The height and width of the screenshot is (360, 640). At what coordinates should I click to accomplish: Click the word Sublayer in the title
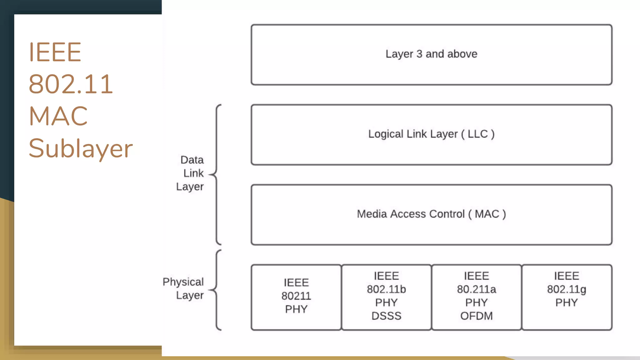pyautogui.click(x=81, y=148)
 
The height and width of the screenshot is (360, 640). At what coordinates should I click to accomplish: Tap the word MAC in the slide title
pyautogui.click(x=58, y=116)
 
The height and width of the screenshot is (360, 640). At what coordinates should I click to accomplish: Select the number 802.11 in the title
pyautogui.click(x=71, y=84)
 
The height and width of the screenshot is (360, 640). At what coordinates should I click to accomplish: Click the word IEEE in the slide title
pyautogui.click(x=55, y=52)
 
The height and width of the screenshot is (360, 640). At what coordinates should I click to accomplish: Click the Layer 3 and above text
pyautogui.click(x=431, y=54)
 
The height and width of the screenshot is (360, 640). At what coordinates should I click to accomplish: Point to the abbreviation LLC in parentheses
pyautogui.click(x=477, y=134)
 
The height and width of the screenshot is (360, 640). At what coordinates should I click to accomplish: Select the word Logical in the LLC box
pyautogui.click(x=386, y=134)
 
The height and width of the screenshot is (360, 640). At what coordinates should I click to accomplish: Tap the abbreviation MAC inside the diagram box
pyautogui.click(x=487, y=214)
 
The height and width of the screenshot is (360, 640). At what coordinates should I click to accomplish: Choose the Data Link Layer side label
pyautogui.click(x=191, y=173)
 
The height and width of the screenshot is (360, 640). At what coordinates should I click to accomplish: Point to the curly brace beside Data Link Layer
pyautogui.click(x=217, y=174)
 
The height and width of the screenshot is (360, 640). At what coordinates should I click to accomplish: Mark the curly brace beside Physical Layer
pyautogui.click(x=217, y=290)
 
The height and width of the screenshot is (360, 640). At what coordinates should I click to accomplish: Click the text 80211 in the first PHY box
pyautogui.click(x=296, y=296)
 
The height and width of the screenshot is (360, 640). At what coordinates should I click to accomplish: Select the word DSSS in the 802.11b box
pyautogui.click(x=386, y=316)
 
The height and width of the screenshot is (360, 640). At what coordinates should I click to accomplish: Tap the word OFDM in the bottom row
pyautogui.click(x=476, y=316)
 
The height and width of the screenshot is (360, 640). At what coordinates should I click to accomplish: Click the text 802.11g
pyautogui.click(x=566, y=289)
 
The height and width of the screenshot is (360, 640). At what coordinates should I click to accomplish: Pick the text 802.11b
pyautogui.click(x=386, y=289)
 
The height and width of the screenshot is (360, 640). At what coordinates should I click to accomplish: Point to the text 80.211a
pyautogui.click(x=476, y=289)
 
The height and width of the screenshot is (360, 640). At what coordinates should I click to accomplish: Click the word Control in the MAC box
pyautogui.click(x=447, y=214)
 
